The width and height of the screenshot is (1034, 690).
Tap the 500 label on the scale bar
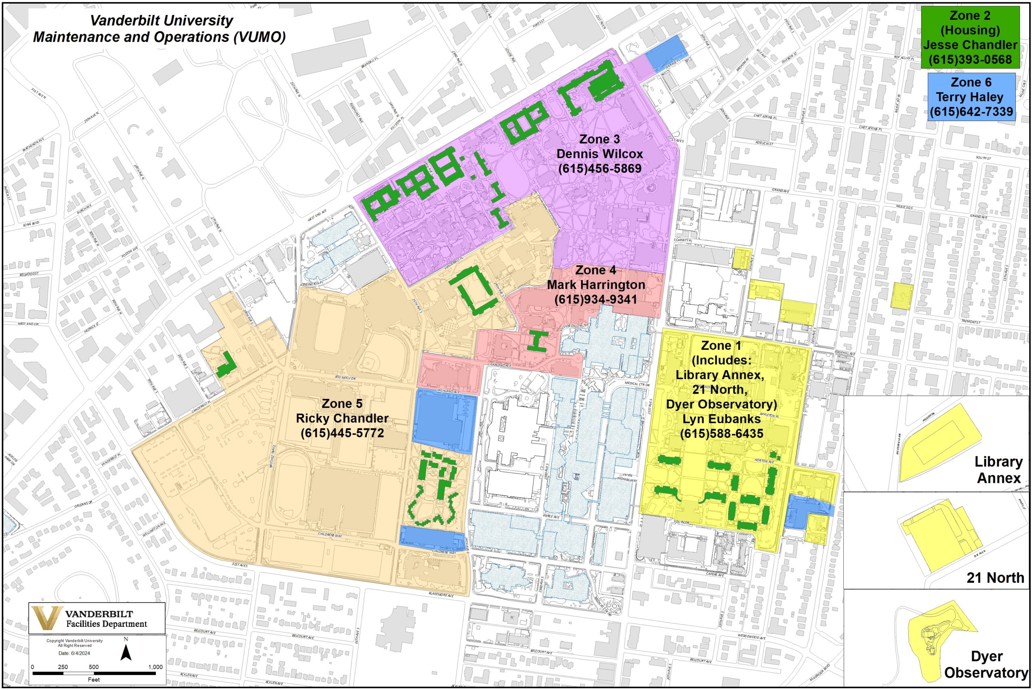(94, 667)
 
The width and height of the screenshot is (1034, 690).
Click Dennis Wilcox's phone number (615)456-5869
(600, 169)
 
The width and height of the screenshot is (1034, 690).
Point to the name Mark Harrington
(596, 285)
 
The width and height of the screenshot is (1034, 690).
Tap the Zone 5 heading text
(342, 403)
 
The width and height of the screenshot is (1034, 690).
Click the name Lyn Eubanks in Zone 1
(721, 418)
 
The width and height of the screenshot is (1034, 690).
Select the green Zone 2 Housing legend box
(970, 38)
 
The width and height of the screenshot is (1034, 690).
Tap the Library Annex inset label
(998, 470)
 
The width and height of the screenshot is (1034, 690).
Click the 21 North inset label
(995, 577)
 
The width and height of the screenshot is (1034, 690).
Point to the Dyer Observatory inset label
(986, 664)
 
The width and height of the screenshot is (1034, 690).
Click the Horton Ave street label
(765, 461)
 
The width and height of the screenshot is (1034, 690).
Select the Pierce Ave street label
(551, 516)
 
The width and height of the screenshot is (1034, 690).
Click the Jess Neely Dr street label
(345, 378)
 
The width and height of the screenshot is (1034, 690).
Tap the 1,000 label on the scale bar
(155, 667)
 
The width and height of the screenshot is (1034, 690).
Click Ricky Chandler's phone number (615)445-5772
(342, 433)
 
